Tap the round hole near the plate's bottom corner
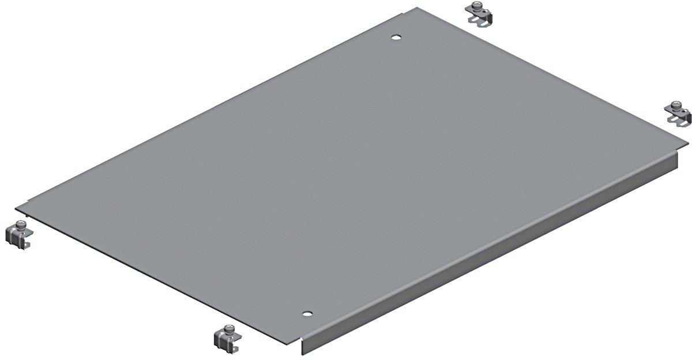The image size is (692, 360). pyautogui.click(x=307, y=314)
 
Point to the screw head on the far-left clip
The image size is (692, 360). pyautogui.click(x=21, y=224)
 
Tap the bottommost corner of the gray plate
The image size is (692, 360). pyautogui.click(x=302, y=340)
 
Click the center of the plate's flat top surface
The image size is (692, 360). pyautogui.click(x=346, y=173)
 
